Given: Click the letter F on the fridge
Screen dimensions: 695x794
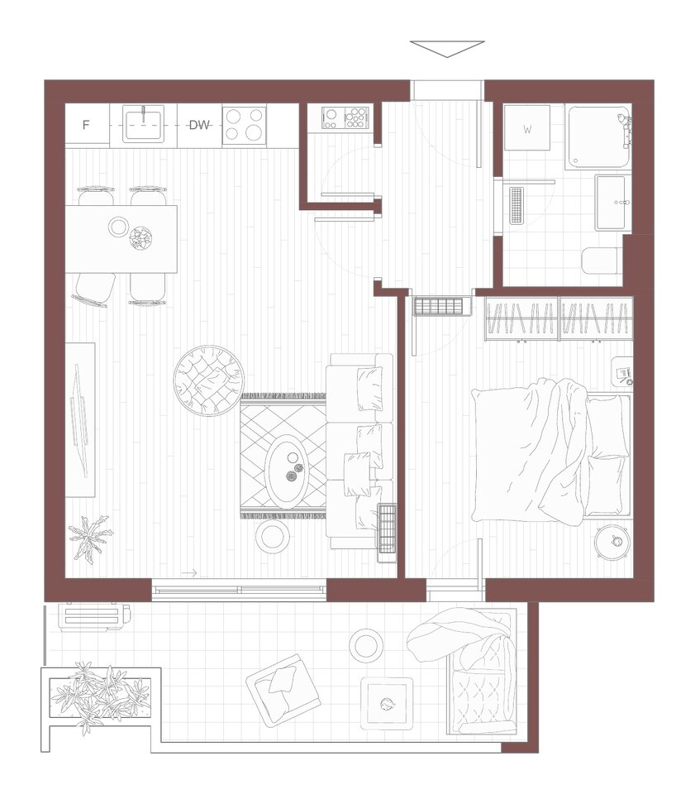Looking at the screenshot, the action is (x=86, y=125).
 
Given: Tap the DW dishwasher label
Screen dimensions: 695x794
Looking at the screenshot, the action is (x=199, y=125).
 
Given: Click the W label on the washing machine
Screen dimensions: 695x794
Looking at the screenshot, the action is (x=527, y=130).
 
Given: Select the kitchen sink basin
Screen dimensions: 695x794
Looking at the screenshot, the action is (x=143, y=125).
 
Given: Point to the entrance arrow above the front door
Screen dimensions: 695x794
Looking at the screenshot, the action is (x=447, y=49).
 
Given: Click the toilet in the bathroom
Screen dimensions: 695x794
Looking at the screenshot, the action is (x=601, y=261).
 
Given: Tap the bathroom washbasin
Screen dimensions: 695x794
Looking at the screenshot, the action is (x=613, y=203).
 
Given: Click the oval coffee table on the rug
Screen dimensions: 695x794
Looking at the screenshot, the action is (x=287, y=471).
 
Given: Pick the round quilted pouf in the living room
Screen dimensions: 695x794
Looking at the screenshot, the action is (x=208, y=380).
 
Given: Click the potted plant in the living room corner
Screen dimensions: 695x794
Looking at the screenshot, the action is (x=90, y=538).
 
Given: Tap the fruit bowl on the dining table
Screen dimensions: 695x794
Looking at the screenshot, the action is (x=140, y=238).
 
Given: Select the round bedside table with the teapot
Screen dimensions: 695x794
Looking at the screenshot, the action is (x=613, y=542).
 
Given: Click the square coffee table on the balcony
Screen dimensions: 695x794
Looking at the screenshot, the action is (x=387, y=703).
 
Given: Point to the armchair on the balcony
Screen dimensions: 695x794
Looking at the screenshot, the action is (x=283, y=690).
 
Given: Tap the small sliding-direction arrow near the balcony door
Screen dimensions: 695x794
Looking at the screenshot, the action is (x=188, y=573).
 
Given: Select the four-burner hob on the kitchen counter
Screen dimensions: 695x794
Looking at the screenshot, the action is (x=245, y=125).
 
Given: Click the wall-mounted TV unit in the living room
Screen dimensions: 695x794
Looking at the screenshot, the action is (x=80, y=420).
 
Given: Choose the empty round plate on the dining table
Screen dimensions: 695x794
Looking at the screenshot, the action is (x=119, y=227).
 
